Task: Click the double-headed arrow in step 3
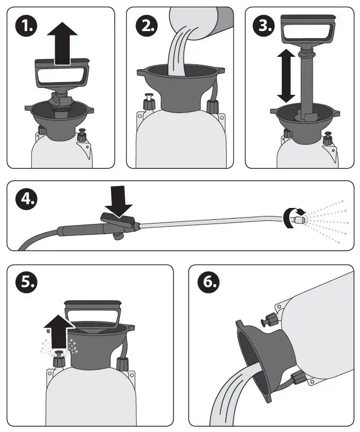pyautogui.click(x=286, y=76)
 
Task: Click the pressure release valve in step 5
pyautogui.click(x=57, y=357)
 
